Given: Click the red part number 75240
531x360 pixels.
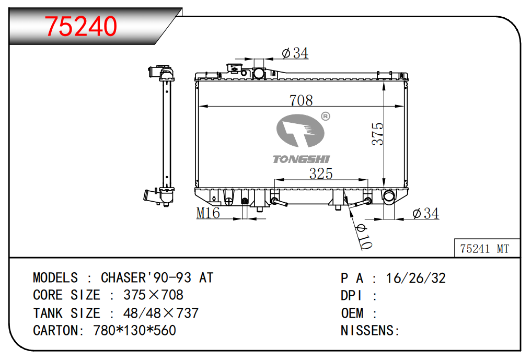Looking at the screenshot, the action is (x=81, y=27).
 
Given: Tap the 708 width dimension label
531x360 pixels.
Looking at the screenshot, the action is (x=301, y=100).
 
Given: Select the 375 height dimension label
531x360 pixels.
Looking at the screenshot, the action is (x=377, y=134).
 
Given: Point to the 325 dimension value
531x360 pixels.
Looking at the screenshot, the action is (x=321, y=174).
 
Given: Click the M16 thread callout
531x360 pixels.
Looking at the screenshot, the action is (x=208, y=213).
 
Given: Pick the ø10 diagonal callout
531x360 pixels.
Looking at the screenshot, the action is (x=364, y=237).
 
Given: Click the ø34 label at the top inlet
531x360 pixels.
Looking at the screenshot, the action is (x=295, y=53).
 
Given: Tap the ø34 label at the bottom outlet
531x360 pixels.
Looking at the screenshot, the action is (x=425, y=213).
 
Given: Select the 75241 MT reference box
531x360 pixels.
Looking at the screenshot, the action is (x=487, y=248).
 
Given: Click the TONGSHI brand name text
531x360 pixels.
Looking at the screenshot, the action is (x=301, y=159).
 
